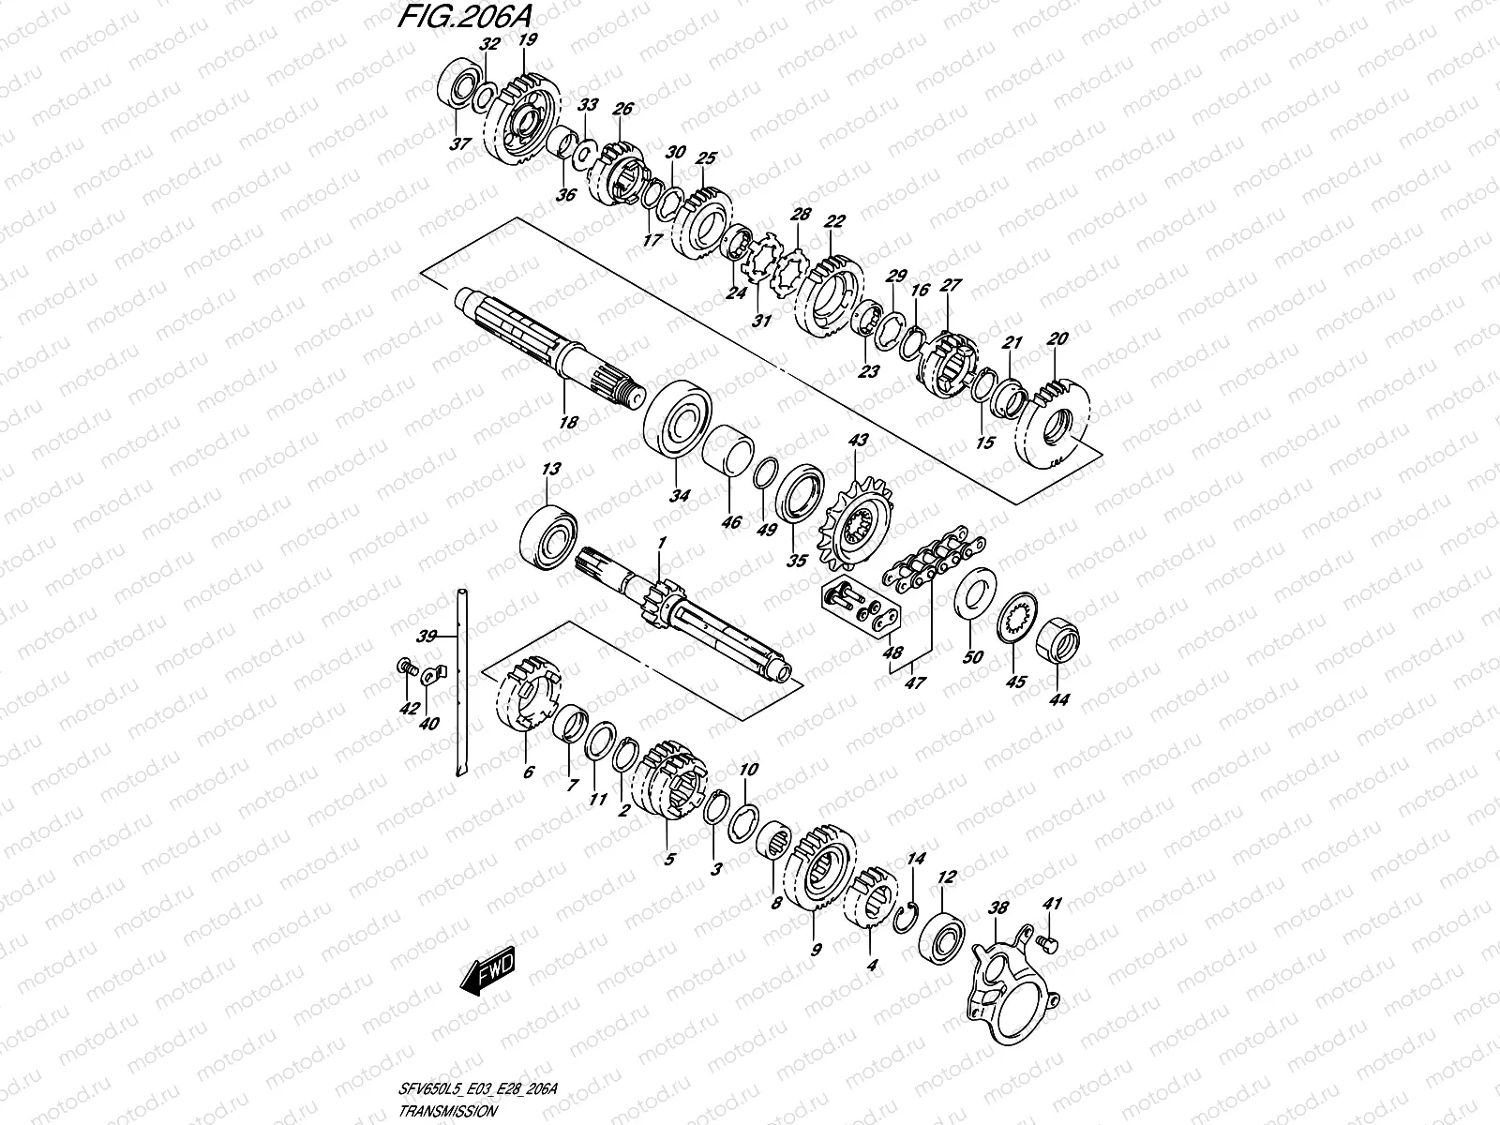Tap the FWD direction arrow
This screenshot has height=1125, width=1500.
pos(488,974)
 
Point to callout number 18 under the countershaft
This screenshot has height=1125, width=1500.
pos(568,423)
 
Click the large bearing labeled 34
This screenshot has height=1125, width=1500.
pos(679,420)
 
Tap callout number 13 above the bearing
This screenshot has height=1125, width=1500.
pos(549,469)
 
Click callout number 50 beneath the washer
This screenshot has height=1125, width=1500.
pos(973,657)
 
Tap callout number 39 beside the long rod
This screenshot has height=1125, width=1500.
pos(427,636)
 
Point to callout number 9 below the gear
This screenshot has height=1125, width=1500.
pos(815,950)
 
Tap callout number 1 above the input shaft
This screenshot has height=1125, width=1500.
pos(661,543)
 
